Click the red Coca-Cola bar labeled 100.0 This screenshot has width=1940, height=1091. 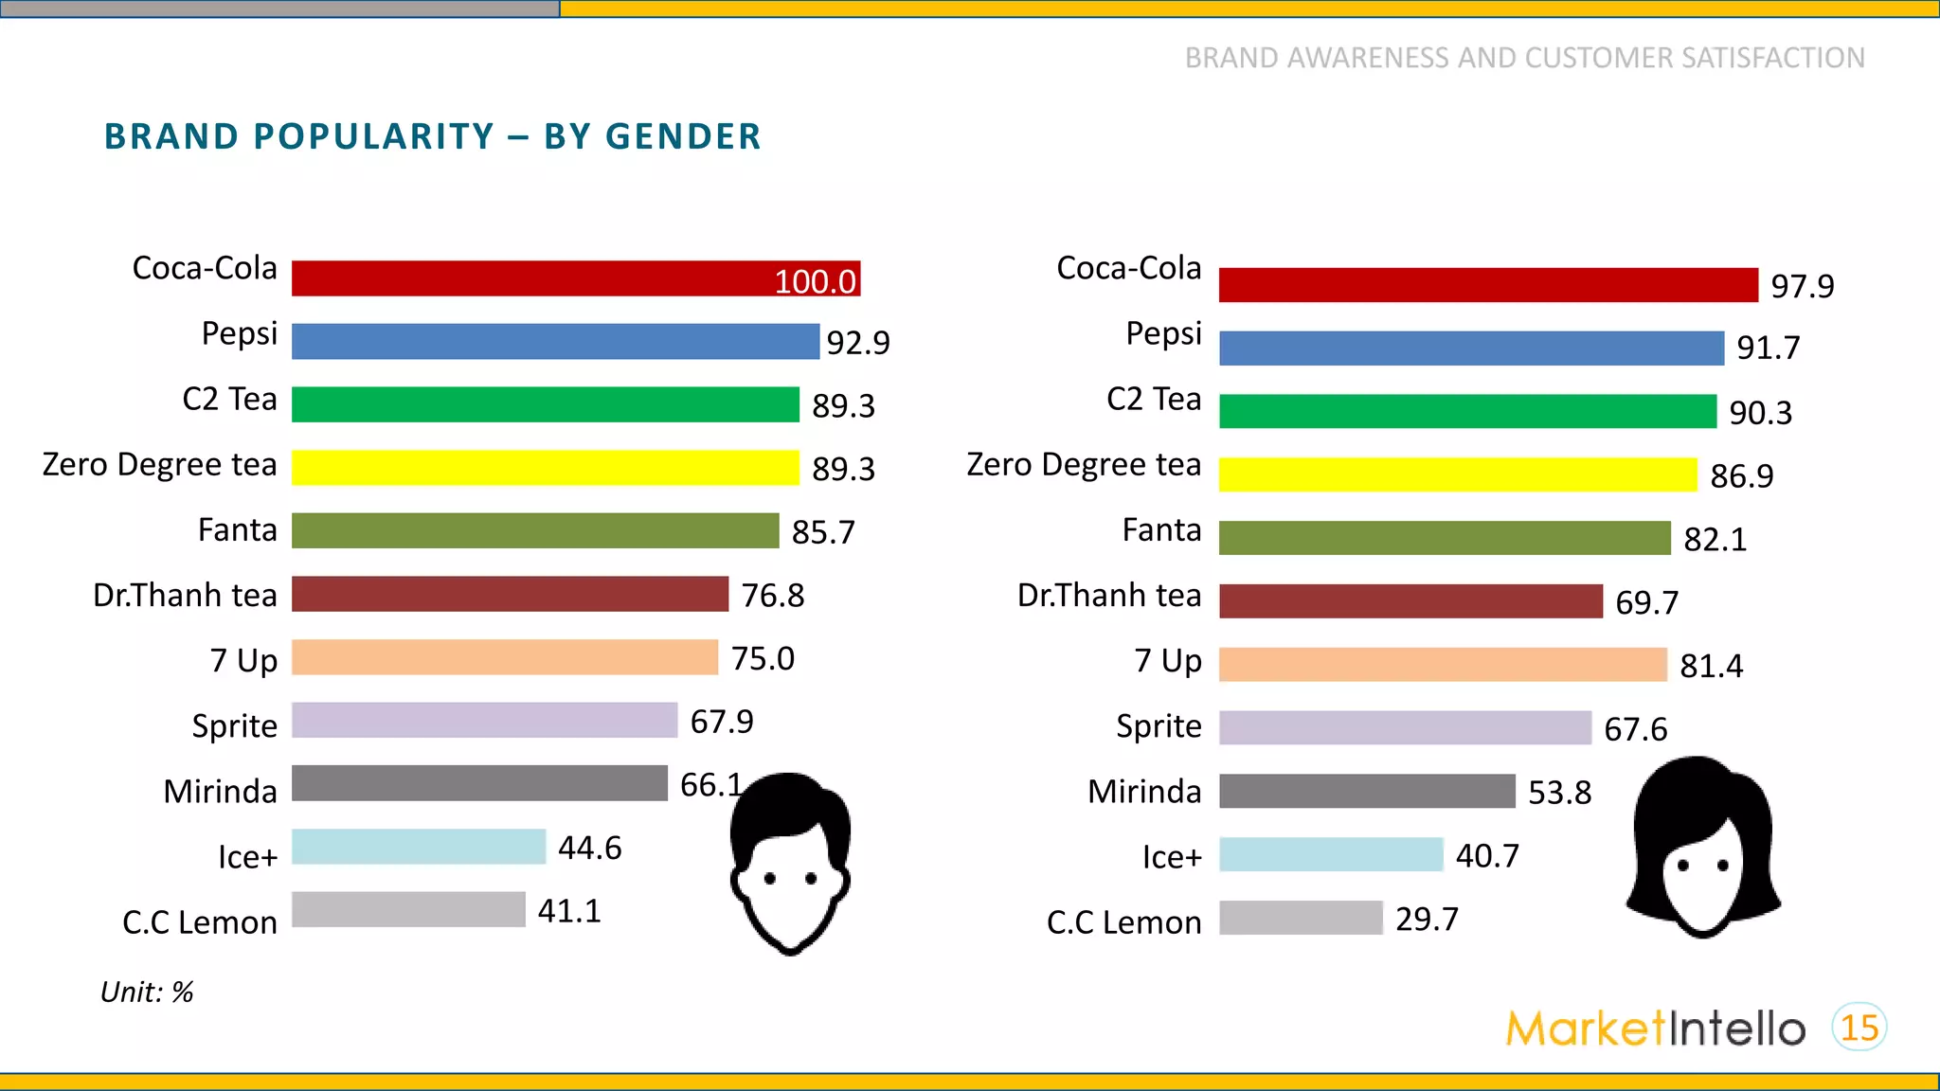point(576,278)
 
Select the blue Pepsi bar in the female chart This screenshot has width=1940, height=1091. point(1470,349)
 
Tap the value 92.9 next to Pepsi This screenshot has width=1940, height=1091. point(858,342)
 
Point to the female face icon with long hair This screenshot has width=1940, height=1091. point(1702,848)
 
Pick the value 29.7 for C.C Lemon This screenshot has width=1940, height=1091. point(1427,919)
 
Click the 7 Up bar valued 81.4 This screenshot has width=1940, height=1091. point(1442,665)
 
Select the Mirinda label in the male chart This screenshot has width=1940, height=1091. point(220,791)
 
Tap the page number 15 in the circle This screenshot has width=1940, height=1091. point(1859,1028)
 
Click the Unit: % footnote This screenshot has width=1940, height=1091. point(147,992)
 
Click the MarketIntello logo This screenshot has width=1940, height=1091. point(1655,1028)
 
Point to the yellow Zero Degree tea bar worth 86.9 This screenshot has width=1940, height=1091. point(1457,474)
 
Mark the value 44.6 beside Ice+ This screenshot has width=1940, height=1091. point(589,848)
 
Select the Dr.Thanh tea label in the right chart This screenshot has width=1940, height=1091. point(1108,595)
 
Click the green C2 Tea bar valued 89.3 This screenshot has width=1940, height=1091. point(545,404)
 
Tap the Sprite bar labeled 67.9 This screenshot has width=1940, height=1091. point(484,720)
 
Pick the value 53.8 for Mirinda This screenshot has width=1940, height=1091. point(1559,792)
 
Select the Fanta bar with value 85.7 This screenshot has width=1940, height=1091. point(534,530)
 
